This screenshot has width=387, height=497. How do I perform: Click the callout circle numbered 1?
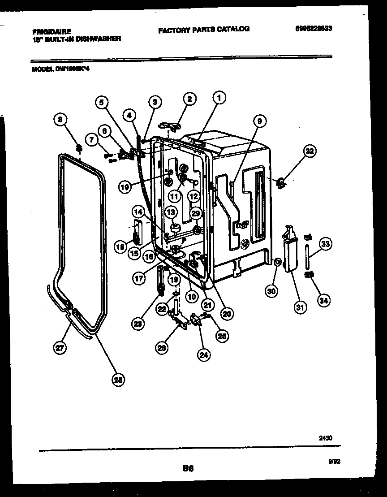pos(219,97)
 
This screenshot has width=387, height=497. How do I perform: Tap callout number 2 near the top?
pos(189,99)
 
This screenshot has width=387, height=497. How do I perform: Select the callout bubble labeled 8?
pos(60,119)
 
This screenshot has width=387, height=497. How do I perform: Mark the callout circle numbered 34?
pos(322,301)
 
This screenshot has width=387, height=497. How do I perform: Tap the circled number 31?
pos(300,307)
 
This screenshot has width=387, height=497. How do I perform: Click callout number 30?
pos(271,291)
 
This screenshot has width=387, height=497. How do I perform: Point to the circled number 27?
pos(60,347)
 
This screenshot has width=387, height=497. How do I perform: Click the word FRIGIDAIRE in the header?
pos(52,32)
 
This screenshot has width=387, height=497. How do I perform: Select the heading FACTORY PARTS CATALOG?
pos(203,29)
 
